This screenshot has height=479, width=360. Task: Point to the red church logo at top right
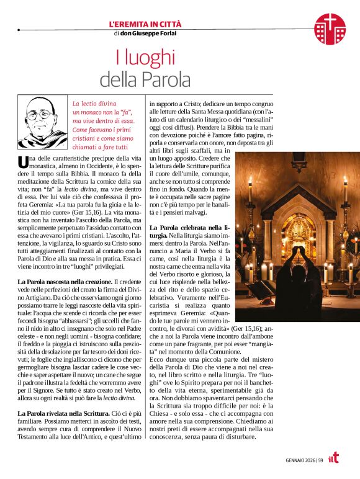(x=330, y=29)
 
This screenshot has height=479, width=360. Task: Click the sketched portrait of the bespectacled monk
(x=42, y=121)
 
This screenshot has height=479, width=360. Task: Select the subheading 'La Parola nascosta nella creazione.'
(x=65, y=282)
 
